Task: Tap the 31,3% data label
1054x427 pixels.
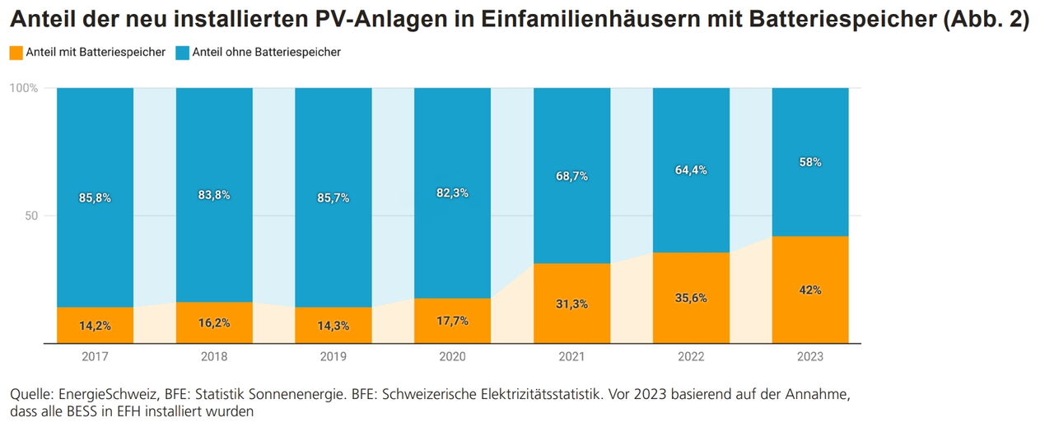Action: tap(571, 304)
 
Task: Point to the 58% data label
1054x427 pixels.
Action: tap(810, 162)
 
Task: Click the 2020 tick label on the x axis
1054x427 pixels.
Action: tap(452, 357)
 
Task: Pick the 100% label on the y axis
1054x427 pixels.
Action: tap(24, 88)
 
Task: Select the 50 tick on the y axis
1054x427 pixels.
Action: tap(30, 216)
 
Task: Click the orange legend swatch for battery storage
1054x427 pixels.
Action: tap(16, 53)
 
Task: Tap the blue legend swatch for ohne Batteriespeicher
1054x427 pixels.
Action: tap(182, 53)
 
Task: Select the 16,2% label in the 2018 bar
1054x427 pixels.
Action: tap(214, 323)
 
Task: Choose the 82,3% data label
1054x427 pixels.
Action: tap(452, 193)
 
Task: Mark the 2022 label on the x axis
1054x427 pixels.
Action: tap(691, 357)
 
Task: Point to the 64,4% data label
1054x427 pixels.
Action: tap(691, 170)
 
